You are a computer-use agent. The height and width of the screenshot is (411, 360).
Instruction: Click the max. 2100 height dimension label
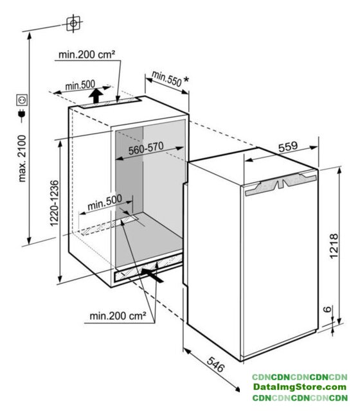click(22, 159)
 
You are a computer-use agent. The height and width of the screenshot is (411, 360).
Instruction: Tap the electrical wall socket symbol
click(22, 100)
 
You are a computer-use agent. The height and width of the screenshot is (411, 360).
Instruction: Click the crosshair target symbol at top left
click(73, 24)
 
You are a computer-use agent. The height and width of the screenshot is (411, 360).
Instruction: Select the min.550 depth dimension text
click(166, 78)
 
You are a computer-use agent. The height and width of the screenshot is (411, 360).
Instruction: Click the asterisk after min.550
click(186, 80)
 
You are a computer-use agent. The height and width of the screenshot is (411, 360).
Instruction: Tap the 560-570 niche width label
click(146, 148)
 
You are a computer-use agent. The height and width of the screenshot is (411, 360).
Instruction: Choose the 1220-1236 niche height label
click(54, 203)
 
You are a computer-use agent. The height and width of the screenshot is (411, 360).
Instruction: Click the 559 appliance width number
click(288, 147)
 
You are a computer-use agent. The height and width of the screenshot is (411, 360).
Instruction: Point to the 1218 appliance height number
click(334, 246)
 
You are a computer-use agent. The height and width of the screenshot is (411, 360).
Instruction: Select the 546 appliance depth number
click(216, 364)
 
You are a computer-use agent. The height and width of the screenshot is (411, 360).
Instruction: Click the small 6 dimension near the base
click(327, 310)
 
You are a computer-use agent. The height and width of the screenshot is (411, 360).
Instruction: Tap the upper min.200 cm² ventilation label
click(87, 55)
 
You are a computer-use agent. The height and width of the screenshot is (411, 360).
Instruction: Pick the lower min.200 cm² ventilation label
click(118, 316)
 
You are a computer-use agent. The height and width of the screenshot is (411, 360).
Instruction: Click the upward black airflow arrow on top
click(96, 96)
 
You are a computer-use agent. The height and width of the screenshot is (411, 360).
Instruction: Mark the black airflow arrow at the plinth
click(152, 275)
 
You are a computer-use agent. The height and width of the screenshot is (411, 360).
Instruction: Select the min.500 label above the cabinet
click(80, 85)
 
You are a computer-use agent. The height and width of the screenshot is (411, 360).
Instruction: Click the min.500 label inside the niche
click(105, 202)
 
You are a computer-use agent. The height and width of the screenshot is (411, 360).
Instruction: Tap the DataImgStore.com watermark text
click(300, 387)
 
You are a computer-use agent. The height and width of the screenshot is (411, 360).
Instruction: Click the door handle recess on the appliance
click(281, 184)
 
